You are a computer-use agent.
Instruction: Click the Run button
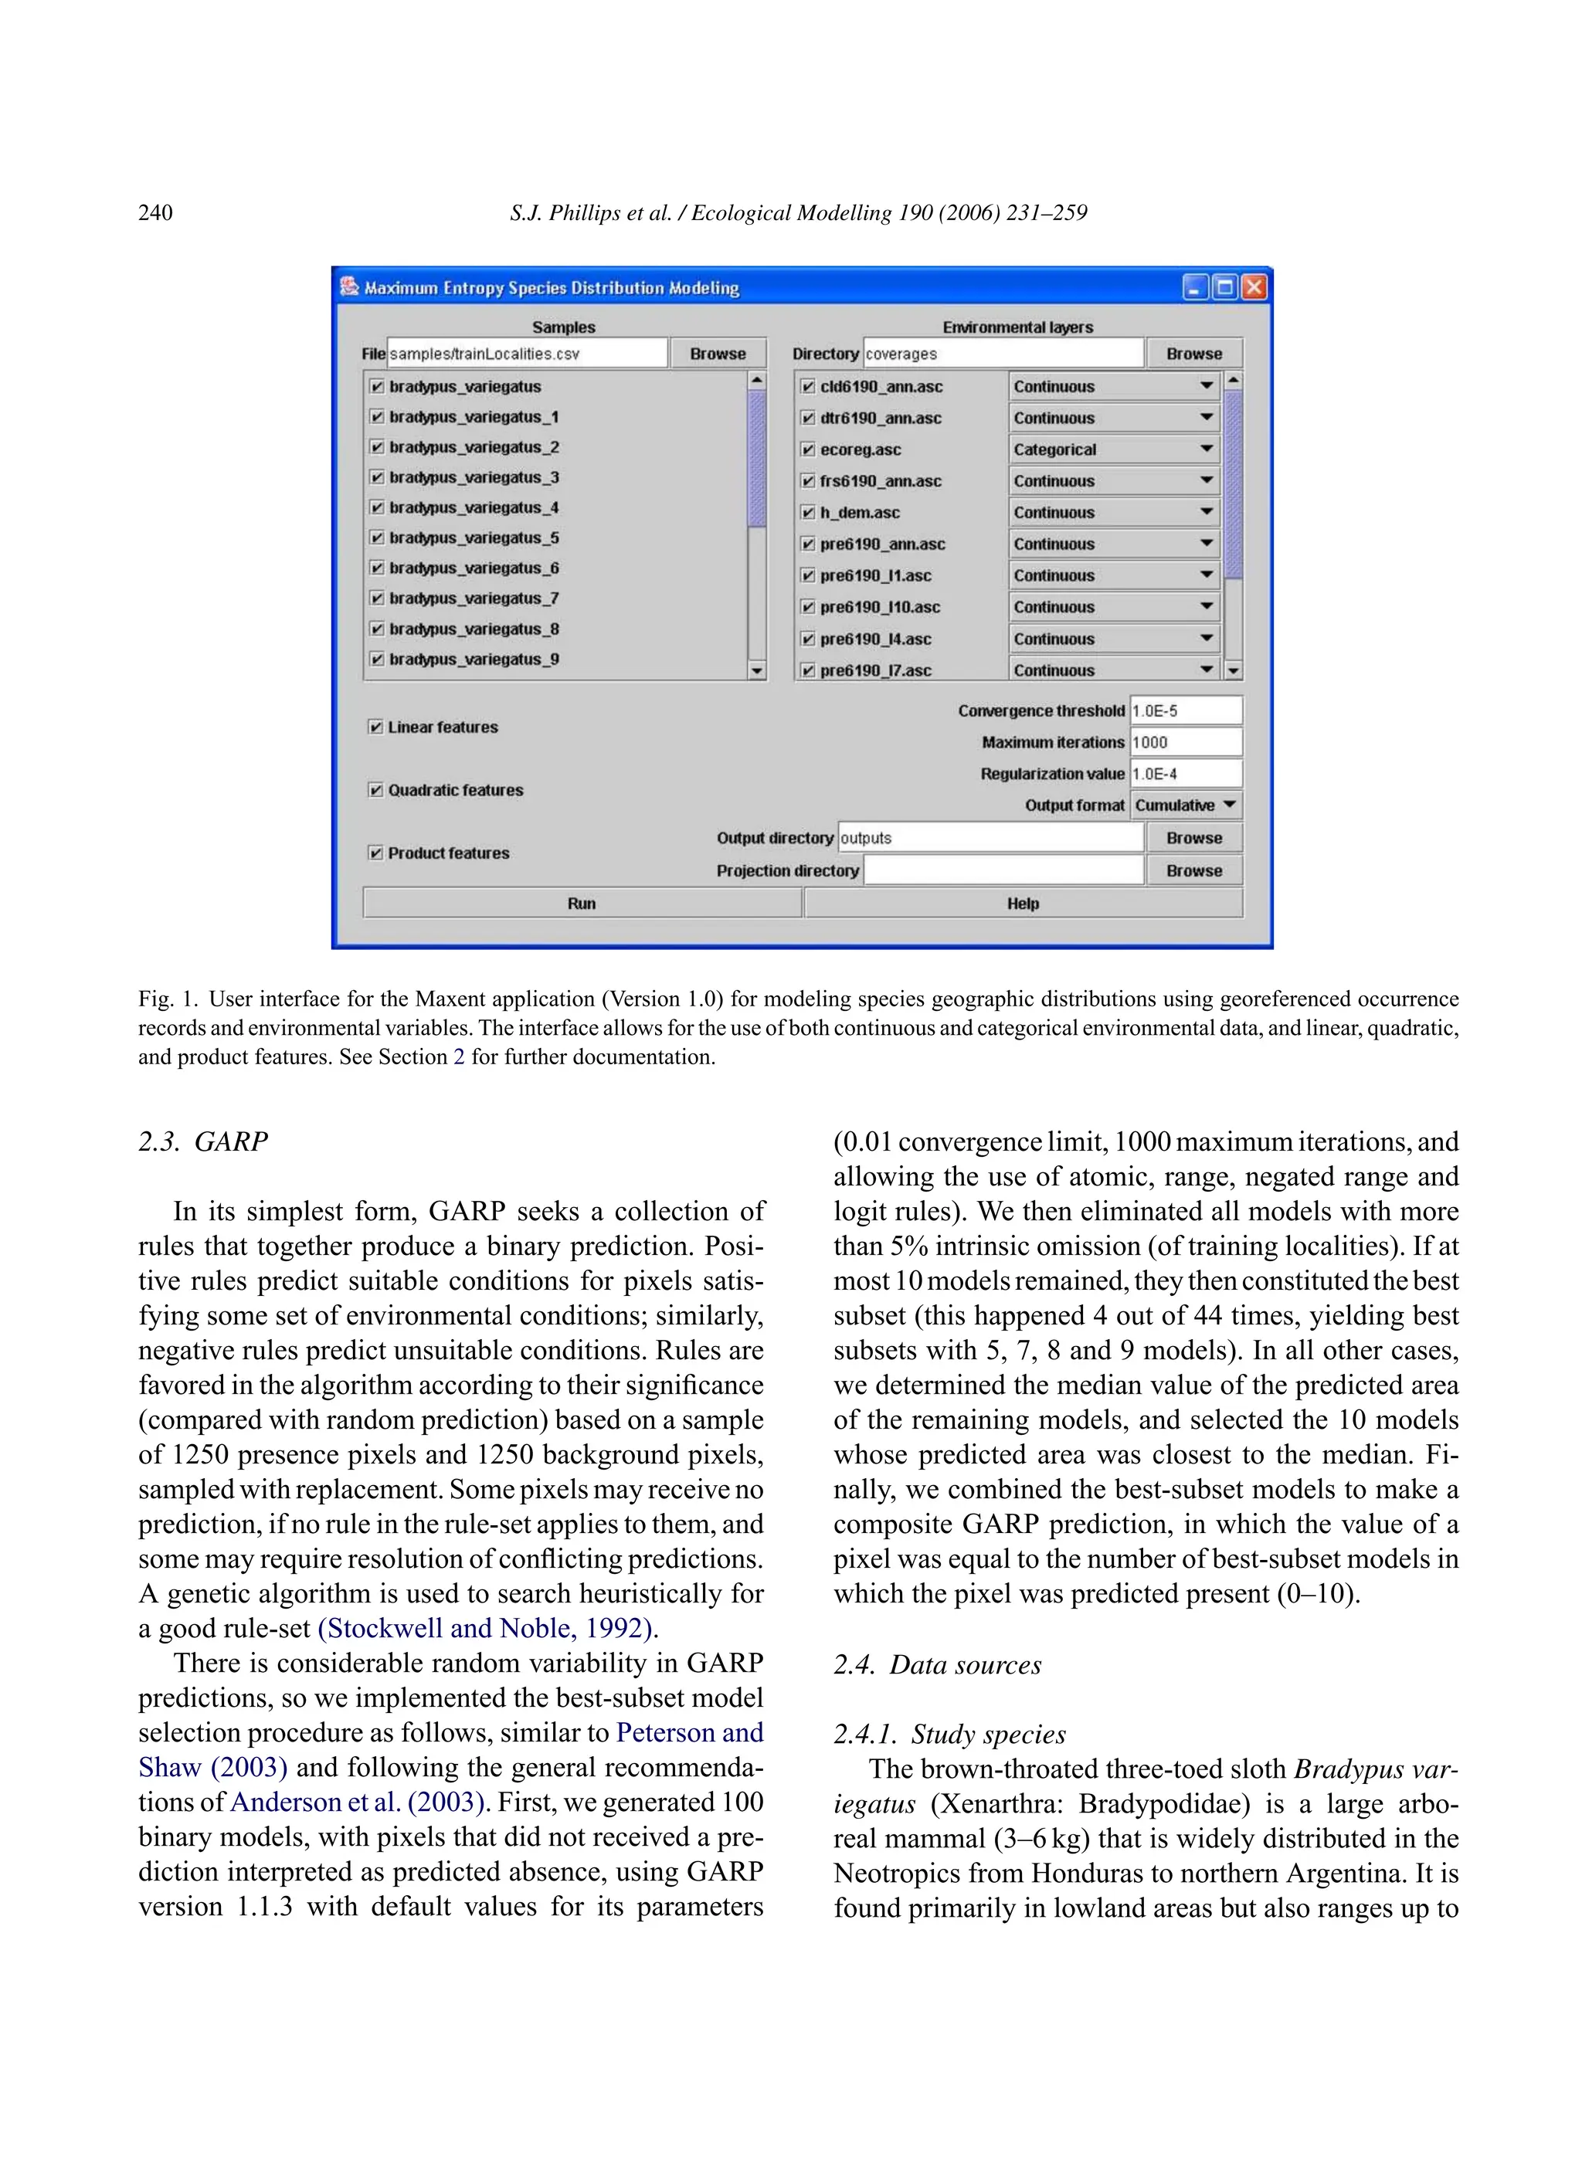point(582,903)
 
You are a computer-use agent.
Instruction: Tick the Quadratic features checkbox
point(375,790)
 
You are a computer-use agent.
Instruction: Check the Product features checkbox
point(375,853)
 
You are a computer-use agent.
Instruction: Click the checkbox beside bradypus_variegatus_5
point(376,538)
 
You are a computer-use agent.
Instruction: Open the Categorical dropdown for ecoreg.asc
point(1114,449)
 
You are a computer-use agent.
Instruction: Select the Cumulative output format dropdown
point(1186,805)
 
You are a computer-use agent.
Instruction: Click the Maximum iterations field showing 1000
point(1186,742)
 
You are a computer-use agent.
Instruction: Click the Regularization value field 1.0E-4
point(1186,774)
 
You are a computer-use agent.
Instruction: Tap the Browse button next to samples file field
point(718,353)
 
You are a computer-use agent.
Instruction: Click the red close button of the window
point(1254,287)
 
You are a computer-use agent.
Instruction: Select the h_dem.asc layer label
point(859,512)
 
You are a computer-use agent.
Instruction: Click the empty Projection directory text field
point(1003,870)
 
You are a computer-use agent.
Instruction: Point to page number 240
point(155,212)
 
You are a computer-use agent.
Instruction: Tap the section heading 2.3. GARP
point(203,1141)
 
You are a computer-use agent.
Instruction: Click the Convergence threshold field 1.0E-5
point(1186,711)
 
